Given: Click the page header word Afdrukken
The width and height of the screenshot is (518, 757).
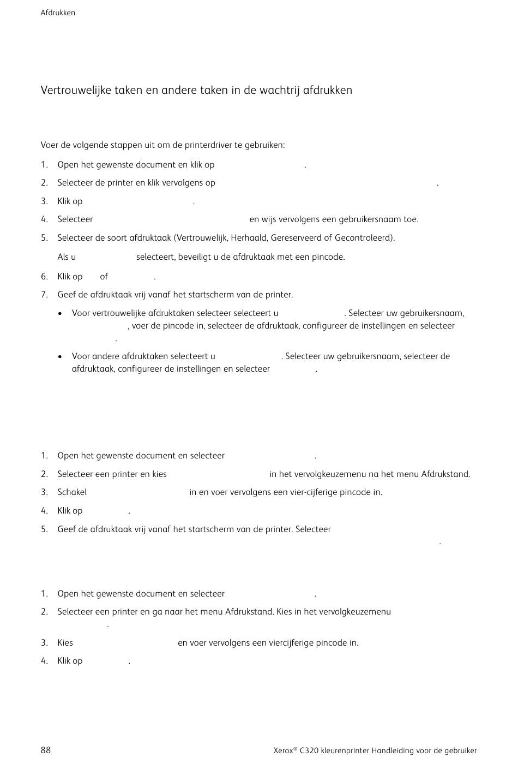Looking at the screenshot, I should (58, 13).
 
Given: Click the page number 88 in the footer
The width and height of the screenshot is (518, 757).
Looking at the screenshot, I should (46, 750).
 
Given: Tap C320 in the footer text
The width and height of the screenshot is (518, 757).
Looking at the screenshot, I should (309, 750).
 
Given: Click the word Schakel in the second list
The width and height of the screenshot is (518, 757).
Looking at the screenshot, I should (72, 492).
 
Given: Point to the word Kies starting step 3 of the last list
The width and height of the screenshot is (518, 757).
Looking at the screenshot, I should (65, 643).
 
